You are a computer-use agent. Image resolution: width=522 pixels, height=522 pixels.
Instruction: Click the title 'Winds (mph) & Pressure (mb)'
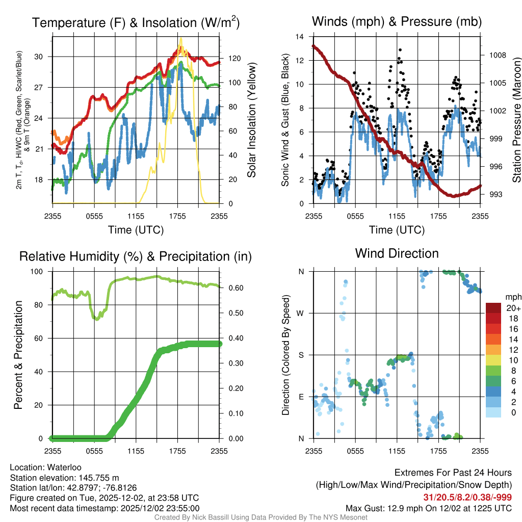tap(397, 21)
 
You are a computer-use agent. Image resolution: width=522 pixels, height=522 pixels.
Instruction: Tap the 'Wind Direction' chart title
tap(397, 253)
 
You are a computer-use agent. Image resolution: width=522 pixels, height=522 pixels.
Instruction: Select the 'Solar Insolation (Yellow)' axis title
tap(252, 120)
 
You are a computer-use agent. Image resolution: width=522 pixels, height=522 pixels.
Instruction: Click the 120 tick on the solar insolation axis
tap(230, 59)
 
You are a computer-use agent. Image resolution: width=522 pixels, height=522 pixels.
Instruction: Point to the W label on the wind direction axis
tap(301, 313)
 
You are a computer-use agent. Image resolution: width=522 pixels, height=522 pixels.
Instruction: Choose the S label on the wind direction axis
tap(301, 355)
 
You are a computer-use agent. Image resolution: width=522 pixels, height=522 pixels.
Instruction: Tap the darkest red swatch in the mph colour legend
tap(493, 308)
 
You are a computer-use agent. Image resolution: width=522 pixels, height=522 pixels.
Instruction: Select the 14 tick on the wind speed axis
tap(300, 37)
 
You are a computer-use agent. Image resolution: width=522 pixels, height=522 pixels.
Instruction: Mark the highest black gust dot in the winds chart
tap(400, 50)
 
